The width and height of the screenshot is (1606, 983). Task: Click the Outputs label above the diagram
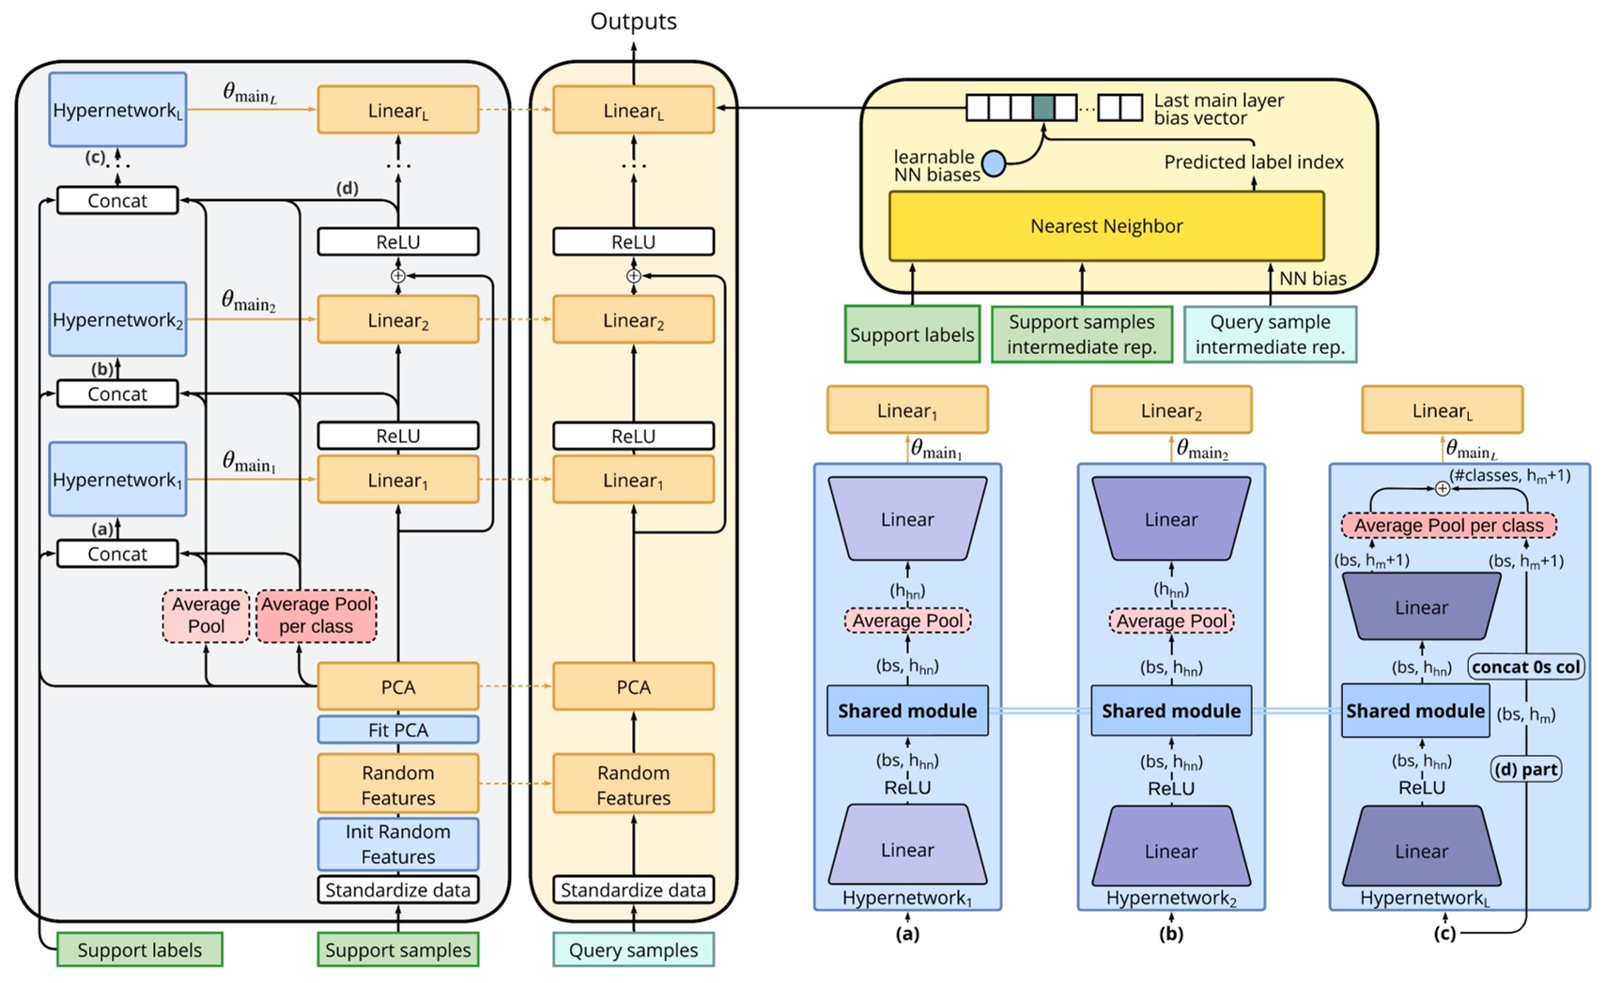pos(633,22)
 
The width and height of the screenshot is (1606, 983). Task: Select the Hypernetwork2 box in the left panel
pos(117,319)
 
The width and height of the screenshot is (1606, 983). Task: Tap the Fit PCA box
pos(397,730)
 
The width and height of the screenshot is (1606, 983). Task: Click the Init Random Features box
pos(397,843)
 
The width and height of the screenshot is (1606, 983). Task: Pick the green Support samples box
pos(397,949)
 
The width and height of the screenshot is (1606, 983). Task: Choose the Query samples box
pos(633,949)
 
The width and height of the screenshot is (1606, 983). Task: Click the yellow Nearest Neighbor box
pos(1105,226)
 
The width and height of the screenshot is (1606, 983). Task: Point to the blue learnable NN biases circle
pos(994,164)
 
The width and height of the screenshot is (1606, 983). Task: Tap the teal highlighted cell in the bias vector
pos(1042,108)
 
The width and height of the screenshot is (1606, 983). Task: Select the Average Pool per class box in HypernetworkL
pos(1448,526)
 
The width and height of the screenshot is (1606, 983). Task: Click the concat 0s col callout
pos(1526,667)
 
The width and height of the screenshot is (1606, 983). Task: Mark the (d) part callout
pos(1526,770)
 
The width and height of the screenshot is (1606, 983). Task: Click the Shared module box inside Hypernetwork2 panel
pos(1170,711)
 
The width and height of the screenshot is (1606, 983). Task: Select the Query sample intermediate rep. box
pos(1270,334)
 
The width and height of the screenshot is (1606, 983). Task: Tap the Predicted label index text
pos(1253,161)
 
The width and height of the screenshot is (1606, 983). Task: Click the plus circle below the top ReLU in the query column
pos(633,276)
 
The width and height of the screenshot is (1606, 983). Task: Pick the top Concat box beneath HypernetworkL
pos(117,201)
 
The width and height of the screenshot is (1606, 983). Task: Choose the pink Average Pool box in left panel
pos(206,616)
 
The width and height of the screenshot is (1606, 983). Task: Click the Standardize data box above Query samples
pos(633,889)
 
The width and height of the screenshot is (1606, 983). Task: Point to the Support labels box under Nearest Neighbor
pos(911,334)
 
